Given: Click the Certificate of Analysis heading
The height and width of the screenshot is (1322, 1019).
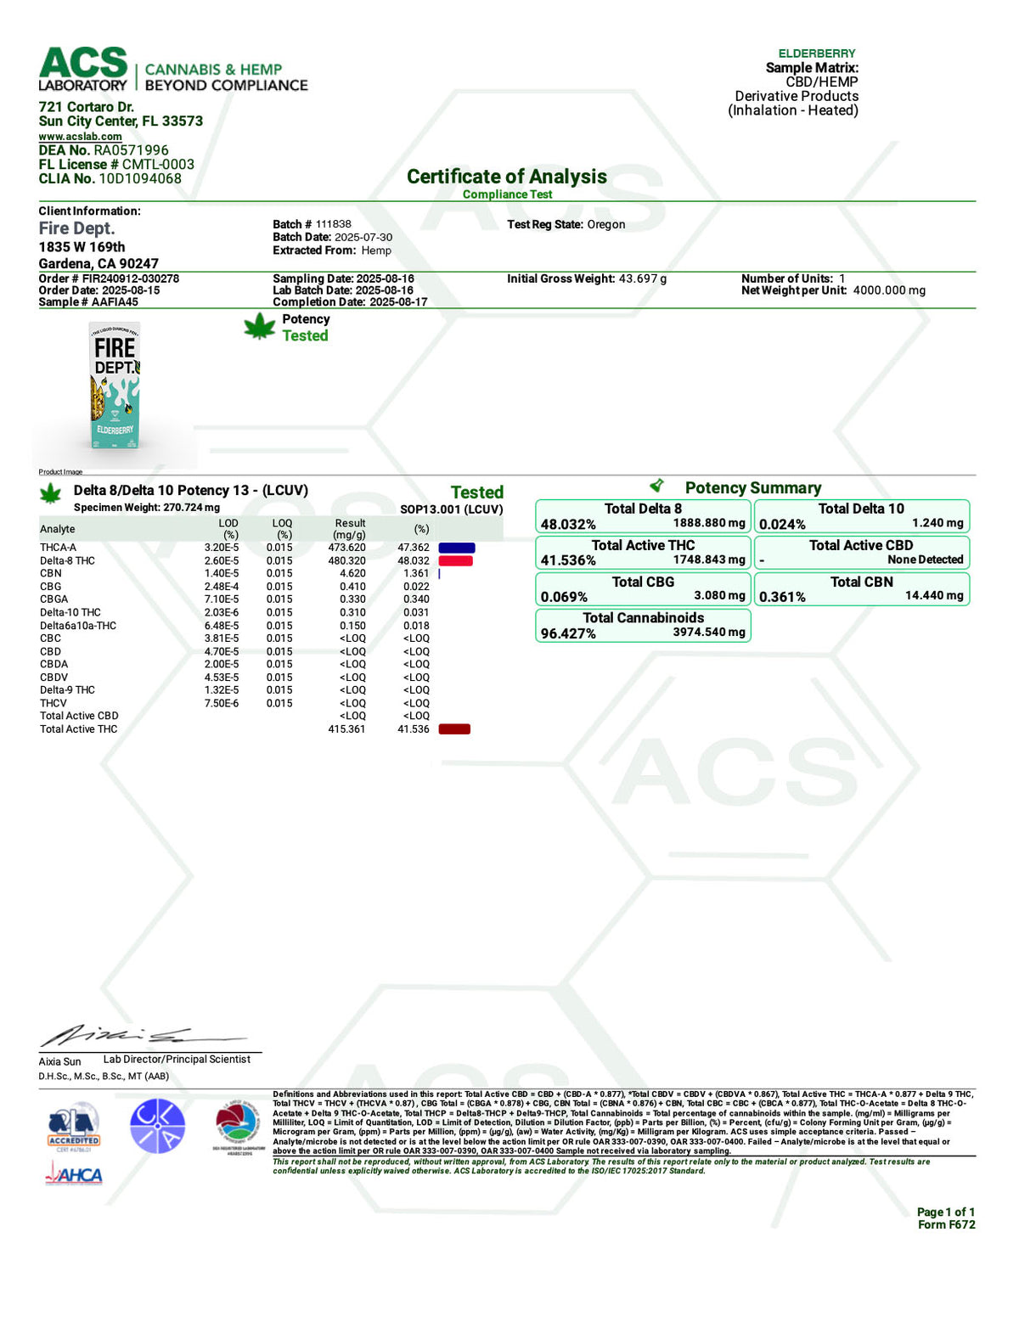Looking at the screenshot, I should tap(507, 177).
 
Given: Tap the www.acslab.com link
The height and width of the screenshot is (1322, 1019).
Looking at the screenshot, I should tap(80, 136).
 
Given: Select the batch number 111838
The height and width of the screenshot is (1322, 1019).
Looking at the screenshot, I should tap(333, 224).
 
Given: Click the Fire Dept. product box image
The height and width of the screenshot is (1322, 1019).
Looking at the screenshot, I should tap(115, 386).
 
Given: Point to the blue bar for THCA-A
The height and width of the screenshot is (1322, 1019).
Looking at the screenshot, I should tap(457, 548).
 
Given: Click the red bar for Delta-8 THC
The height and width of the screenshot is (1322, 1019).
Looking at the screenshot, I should tap(455, 561).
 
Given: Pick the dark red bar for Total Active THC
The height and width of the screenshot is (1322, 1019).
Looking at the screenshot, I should tap(454, 729).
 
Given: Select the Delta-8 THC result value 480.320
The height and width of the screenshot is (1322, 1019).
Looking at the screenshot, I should tap(346, 561).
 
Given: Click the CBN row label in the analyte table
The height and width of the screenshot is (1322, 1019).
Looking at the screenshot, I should tap(50, 574).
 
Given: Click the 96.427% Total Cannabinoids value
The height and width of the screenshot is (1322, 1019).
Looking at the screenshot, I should tap(568, 633).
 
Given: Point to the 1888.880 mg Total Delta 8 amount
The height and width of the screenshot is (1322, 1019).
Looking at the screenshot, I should tap(709, 523).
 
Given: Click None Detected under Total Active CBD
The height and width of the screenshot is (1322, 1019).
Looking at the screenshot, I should tap(925, 560).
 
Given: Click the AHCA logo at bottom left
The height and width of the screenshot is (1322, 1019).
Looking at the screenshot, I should tap(74, 1175).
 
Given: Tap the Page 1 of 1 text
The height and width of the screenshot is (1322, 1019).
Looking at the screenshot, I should tap(945, 1212).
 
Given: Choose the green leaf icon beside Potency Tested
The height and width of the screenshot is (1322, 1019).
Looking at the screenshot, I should tap(259, 327).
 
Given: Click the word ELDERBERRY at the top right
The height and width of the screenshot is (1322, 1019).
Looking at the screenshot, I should tap(817, 53).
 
